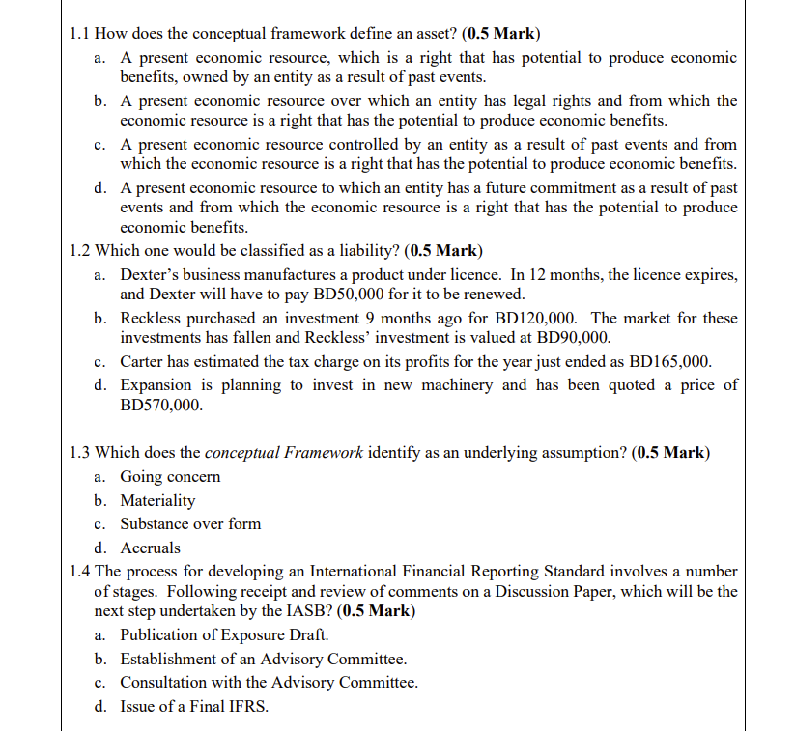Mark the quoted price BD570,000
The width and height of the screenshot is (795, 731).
coord(161,405)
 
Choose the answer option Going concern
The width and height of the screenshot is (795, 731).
coord(170,476)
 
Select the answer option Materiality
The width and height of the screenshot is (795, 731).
coord(157,500)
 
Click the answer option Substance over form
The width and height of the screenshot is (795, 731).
coord(190,523)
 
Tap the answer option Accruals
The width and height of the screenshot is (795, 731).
coord(150,548)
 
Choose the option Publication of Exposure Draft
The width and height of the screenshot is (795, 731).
coord(224,634)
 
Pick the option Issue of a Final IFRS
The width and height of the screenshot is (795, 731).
coord(194,706)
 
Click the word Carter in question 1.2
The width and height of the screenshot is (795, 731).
coord(143,361)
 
